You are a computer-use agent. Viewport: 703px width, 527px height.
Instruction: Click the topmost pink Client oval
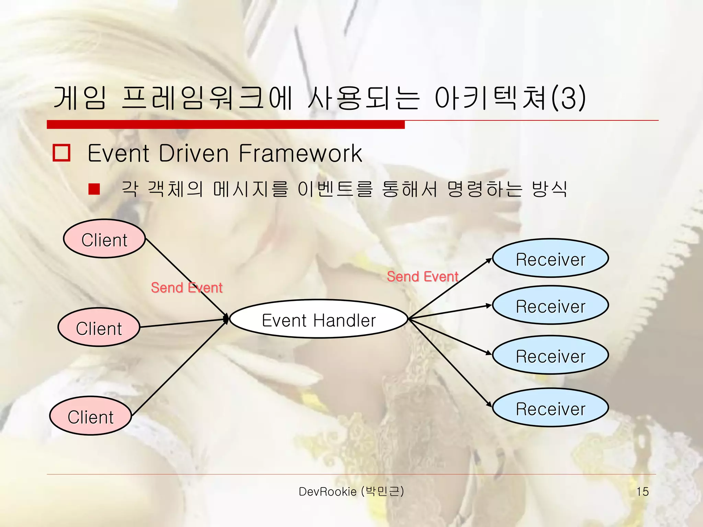pos(104,239)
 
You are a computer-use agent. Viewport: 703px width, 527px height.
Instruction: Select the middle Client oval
pos(99,327)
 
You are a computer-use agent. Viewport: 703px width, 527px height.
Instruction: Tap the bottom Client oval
pos(91,416)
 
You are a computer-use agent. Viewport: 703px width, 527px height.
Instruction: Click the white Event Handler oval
pos(319,319)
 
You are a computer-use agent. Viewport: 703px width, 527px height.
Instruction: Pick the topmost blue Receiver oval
pos(550,258)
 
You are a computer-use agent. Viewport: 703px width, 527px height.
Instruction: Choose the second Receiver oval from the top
pos(550,305)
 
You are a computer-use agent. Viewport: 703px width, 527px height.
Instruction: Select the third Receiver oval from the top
pos(550,355)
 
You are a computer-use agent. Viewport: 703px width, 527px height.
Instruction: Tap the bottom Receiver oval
pos(550,408)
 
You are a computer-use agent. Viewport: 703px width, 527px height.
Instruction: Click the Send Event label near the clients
pos(186,288)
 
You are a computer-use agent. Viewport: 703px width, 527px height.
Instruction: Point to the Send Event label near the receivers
pos(422,277)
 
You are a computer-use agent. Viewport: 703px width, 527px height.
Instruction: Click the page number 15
pos(642,492)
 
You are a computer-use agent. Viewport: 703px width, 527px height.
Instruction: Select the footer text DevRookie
pos(327,492)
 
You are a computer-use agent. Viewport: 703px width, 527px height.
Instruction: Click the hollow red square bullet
pos(61,153)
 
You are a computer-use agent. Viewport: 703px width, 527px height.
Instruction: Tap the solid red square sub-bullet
pos(94,189)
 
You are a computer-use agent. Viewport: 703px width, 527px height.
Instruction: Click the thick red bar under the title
pos(226,125)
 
